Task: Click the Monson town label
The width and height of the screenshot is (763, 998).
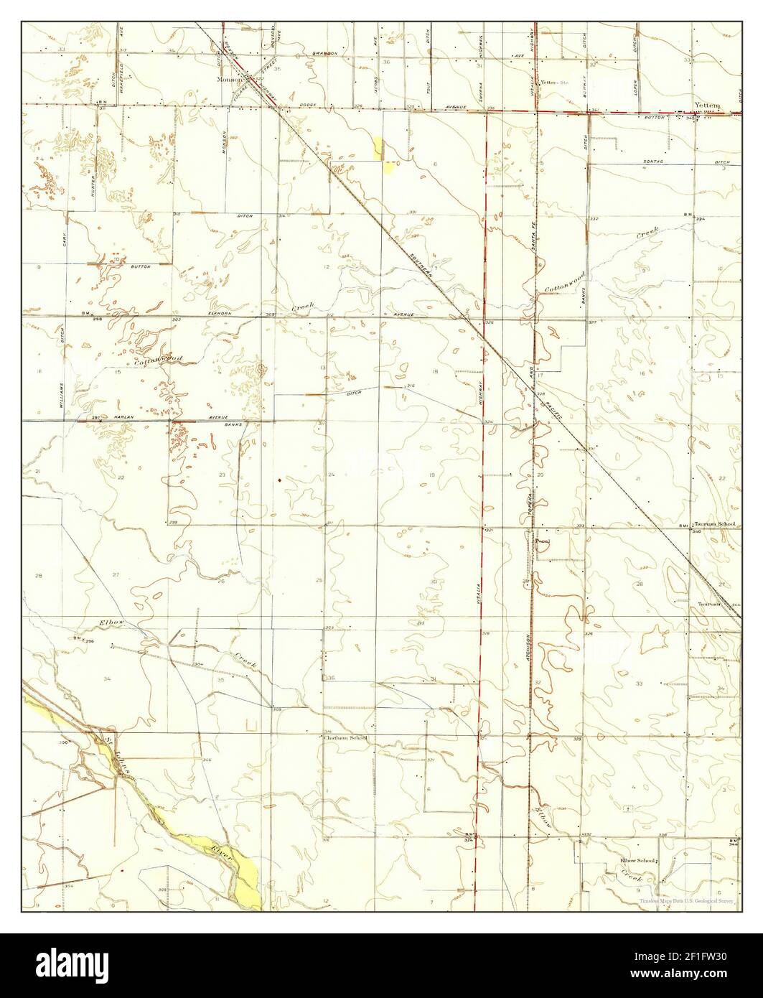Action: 229,80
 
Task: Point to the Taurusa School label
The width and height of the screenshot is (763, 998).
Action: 716,525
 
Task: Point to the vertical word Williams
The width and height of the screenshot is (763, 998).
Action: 63,393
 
